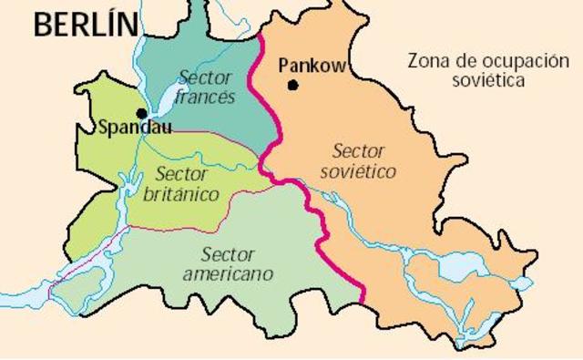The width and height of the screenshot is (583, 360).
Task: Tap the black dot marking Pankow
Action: click(x=292, y=86)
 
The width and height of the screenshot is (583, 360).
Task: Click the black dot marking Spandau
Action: click(x=141, y=113)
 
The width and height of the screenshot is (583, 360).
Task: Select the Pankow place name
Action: click(x=309, y=66)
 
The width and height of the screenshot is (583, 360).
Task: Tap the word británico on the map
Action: click(x=180, y=194)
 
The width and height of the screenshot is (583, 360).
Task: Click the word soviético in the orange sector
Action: click(x=357, y=171)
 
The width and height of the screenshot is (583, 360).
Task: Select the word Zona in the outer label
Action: click(x=425, y=62)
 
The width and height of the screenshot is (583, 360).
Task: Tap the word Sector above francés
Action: click(x=205, y=77)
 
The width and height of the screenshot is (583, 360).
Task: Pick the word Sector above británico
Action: click(x=182, y=174)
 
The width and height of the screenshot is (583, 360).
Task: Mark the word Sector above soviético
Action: click(x=360, y=150)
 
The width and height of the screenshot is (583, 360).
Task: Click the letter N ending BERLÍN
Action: click(x=125, y=26)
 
